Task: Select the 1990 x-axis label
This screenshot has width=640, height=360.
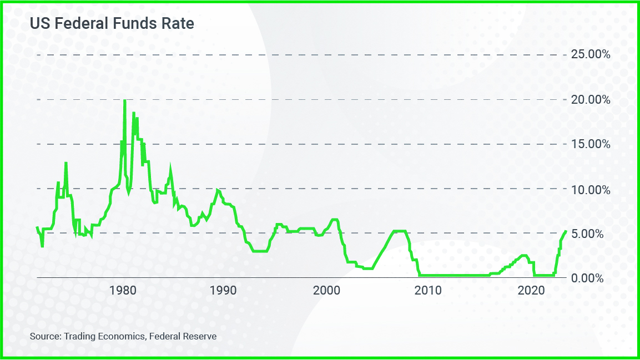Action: tap(224, 290)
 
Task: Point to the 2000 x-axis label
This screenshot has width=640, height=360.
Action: tap(326, 290)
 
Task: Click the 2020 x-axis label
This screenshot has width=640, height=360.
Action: tap(533, 290)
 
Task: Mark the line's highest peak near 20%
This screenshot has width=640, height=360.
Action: tap(124, 100)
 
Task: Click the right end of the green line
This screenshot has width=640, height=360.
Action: tap(566, 231)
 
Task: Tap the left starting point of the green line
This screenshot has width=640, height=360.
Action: tap(37, 227)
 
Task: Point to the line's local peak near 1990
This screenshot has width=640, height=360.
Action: tap(218, 190)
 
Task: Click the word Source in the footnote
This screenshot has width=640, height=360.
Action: tap(44, 336)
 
